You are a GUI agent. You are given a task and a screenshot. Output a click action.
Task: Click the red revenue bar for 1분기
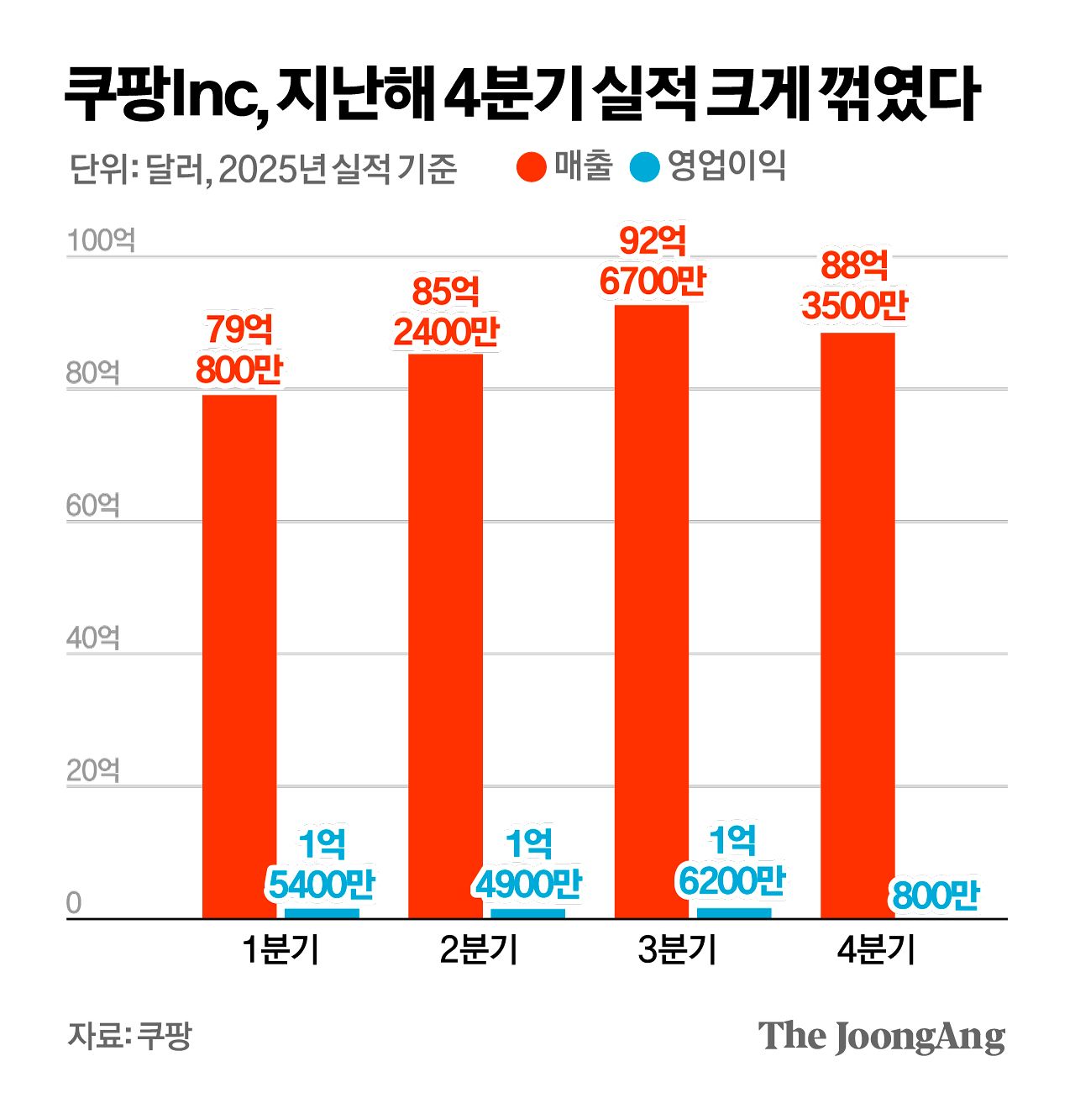(239, 655)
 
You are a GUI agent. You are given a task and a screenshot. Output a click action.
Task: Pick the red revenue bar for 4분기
(857, 625)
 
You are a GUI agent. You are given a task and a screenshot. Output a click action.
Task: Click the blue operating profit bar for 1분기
(322, 913)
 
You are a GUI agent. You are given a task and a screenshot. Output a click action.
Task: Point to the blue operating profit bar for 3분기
(734, 913)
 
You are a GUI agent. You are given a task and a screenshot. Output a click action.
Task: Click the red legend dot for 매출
(532, 166)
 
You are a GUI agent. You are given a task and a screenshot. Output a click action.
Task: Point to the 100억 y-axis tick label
(100, 241)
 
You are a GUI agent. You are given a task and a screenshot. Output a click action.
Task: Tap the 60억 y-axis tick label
(93, 506)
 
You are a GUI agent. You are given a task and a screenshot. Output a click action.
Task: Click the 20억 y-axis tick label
(93, 771)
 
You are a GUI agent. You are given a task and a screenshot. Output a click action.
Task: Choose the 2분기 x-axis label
(479, 950)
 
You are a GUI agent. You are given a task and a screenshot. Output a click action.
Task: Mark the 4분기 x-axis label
(876, 950)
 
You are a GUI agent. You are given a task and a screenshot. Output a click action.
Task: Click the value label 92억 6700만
(653, 261)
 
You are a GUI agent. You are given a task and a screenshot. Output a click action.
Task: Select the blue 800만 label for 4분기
(936, 896)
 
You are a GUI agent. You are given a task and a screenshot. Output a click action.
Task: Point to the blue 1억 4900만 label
(528, 864)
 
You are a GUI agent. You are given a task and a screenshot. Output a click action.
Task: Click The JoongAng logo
(881, 1037)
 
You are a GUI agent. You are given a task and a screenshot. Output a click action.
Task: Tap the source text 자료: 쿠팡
(130, 1035)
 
